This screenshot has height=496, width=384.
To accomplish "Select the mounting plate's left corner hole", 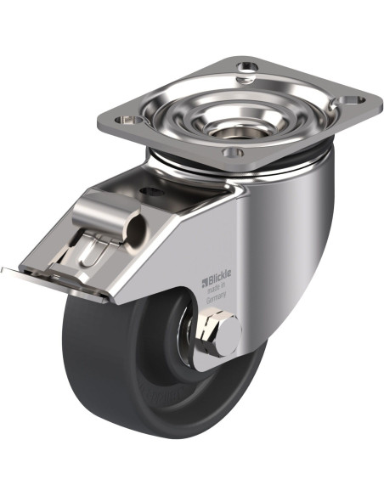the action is point(129,120).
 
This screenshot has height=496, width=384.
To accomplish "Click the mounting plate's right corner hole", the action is point(351,100).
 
